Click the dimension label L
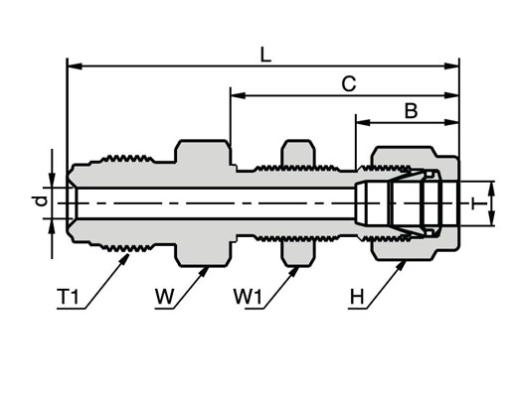pos(265,56)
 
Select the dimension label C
pos(349,84)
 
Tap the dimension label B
pos(411,111)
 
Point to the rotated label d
pos(43,200)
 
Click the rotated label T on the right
pos(477,203)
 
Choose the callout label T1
pos(69,297)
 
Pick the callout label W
pos(165,297)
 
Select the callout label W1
pos(248,297)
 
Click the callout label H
pos(357,297)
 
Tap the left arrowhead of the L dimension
pos(75,66)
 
